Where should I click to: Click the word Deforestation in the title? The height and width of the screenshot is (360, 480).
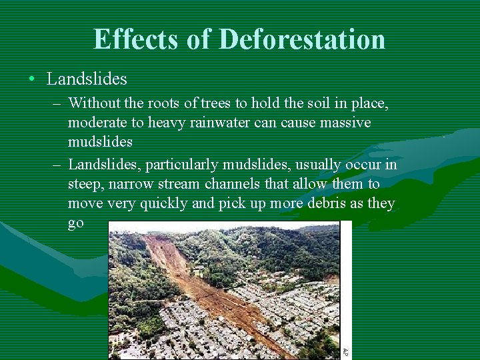(301, 39)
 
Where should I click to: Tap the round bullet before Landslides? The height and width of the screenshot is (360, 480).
(32, 79)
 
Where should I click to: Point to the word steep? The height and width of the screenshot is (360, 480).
(86, 183)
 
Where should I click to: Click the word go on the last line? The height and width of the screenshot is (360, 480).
(76, 223)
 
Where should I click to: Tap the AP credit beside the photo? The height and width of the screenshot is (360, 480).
(345, 351)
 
